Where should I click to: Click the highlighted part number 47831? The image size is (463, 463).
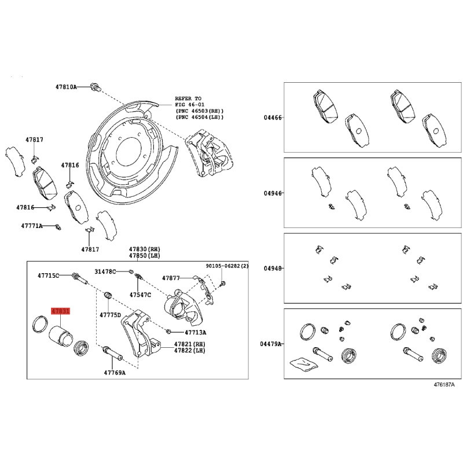point(61,311)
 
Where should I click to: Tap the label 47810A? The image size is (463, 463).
point(66,87)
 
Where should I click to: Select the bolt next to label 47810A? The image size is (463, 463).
point(95,87)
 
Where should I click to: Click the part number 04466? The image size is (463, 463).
point(273,117)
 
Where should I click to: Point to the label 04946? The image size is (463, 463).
point(273,193)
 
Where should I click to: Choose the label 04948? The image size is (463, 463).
point(273,269)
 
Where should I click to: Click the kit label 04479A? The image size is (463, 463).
point(271,344)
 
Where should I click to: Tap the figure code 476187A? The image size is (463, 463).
point(444,384)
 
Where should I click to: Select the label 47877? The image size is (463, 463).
point(171,278)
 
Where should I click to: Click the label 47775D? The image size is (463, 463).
point(110,315)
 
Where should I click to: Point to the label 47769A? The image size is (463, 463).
point(115,373)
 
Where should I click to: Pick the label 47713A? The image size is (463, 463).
point(196,332)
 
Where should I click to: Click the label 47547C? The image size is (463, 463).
point(140,295)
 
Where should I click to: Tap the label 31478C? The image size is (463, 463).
point(105,271)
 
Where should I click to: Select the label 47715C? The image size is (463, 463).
point(48,275)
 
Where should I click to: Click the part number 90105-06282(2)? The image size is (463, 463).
point(227,266)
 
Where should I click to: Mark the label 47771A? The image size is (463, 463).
point(32,226)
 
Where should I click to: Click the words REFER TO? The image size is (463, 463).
point(188,98)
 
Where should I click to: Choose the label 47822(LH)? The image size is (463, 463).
point(190,351)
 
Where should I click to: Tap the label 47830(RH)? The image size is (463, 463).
point(144,249)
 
